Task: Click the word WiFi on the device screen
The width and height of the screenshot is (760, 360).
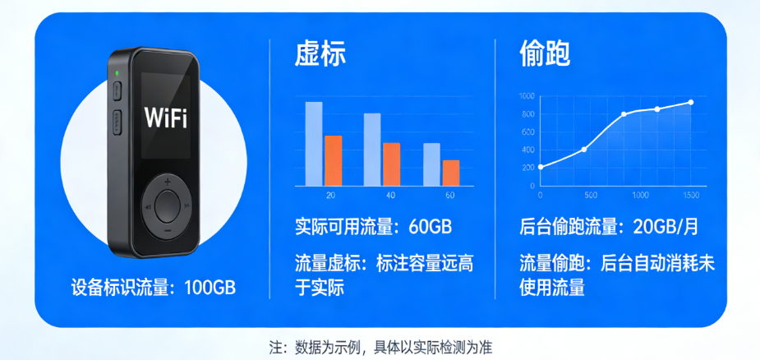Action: click(x=166, y=118)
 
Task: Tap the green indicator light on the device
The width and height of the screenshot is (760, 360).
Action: click(x=117, y=74)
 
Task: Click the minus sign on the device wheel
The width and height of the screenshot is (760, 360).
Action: click(x=168, y=230)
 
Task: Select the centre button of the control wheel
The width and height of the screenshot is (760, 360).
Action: click(x=168, y=206)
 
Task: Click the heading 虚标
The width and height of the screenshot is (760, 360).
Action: click(x=320, y=54)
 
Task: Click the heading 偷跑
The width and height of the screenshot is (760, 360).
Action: click(x=545, y=54)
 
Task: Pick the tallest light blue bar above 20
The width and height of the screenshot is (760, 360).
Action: click(x=314, y=144)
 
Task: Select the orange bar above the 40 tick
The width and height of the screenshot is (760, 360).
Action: click(x=392, y=164)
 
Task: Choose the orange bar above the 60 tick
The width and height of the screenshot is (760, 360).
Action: click(x=451, y=173)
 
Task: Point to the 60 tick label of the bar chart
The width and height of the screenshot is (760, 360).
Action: click(x=450, y=196)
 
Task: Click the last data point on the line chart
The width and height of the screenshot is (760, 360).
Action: click(x=691, y=103)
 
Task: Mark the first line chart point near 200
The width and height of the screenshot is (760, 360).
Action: click(x=541, y=167)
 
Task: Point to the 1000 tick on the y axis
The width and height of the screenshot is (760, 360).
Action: click(x=527, y=96)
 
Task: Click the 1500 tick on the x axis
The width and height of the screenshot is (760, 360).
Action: click(x=691, y=195)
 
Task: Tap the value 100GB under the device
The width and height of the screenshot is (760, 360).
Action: click(x=210, y=288)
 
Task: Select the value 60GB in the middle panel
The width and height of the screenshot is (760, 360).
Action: click(x=431, y=227)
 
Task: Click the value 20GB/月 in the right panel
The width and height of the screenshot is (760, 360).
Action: click(x=666, y=227)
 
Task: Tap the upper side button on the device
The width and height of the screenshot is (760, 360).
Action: click(x=117, y=91)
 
